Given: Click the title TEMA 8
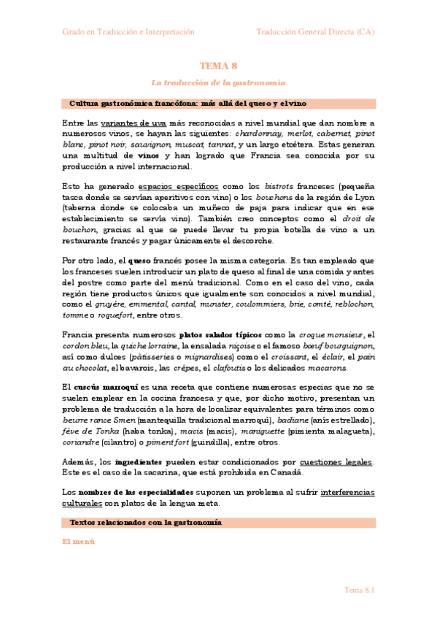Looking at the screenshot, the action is click(x=218, y=66).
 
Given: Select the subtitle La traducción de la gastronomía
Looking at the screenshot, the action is click(x=218, y=83).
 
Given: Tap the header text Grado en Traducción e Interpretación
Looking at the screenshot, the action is click(x=128, y=32).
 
